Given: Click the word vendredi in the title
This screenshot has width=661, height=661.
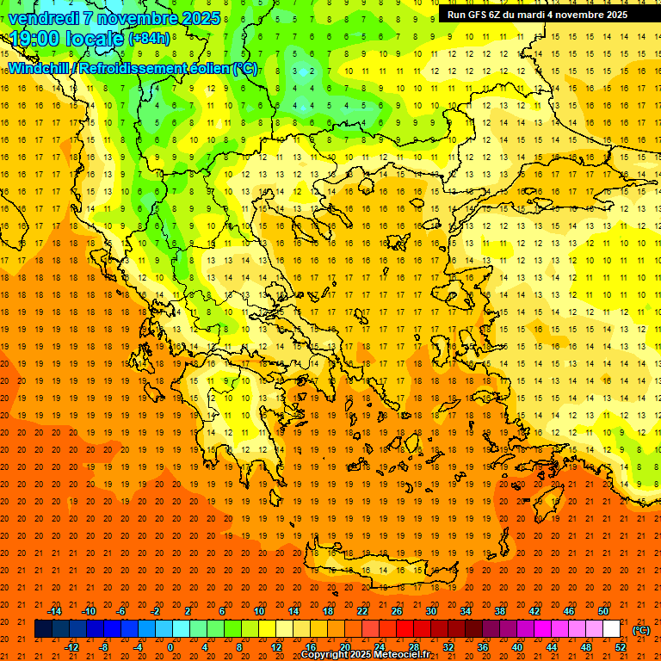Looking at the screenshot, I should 41,18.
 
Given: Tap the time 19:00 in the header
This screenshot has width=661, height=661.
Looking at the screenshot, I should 34,39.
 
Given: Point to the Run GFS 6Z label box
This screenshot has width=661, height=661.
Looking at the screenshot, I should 537,15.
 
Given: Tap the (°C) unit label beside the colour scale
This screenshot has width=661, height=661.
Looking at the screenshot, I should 640,630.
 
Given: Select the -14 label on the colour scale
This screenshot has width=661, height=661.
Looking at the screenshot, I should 54,611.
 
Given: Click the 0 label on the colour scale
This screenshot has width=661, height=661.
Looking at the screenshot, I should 170,646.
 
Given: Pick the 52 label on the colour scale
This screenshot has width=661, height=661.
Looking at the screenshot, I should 621,646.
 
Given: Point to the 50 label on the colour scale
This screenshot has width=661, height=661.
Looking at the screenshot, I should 603,611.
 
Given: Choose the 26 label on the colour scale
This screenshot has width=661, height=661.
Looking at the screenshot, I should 397,611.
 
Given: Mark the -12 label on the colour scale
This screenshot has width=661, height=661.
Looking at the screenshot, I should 71,646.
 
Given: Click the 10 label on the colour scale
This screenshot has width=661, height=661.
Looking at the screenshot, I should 259,611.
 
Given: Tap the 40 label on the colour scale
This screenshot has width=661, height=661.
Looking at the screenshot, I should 517,646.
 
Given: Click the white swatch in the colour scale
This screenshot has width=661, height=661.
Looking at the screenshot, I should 612,629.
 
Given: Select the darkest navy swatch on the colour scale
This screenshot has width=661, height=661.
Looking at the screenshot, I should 43,629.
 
